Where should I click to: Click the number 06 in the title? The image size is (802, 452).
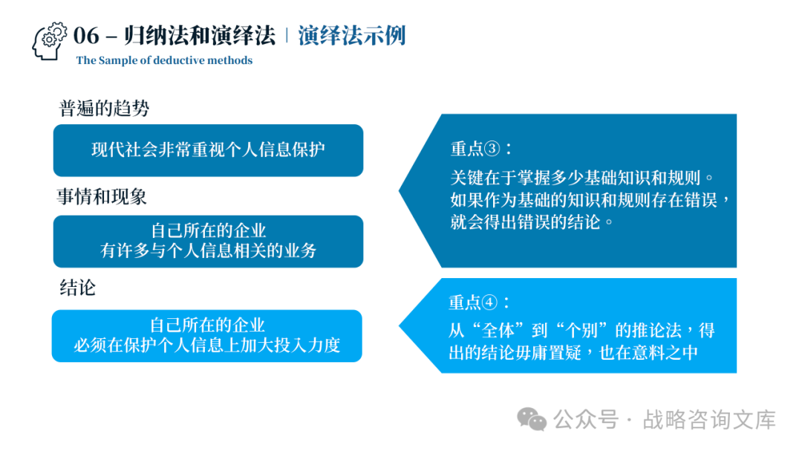[86, 36]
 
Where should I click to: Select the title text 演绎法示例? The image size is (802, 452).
[352, 36]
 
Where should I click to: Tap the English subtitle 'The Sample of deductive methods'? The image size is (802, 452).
[164, 61]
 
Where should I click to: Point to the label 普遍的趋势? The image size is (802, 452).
[104, 109]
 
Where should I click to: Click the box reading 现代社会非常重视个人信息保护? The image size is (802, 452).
[208, 150]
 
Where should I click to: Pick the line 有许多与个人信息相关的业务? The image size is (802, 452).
[208, 251]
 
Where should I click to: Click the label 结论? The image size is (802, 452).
[78, 288]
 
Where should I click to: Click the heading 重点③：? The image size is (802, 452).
[481, 149]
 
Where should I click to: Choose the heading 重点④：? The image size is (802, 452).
[480, 303]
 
